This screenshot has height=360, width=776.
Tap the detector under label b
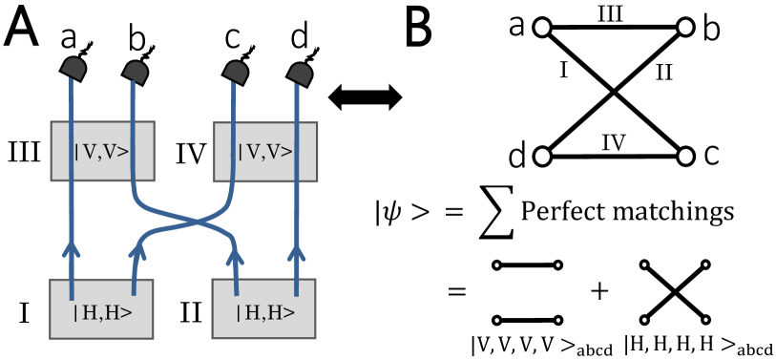pos(134,68)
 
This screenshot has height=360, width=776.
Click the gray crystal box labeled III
pos(103,149)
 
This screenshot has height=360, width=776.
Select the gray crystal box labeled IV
pos(263,149)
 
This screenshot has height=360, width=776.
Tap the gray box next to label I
pos(104,308)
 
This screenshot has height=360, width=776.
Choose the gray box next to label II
pos(264,308)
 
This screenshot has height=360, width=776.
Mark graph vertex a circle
pos(545,29)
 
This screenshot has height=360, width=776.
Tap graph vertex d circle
pos(545,155)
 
